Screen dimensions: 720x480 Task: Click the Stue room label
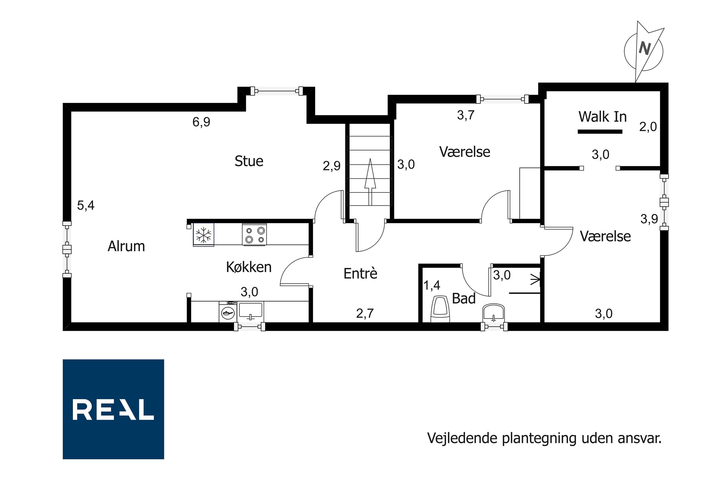(249, 161)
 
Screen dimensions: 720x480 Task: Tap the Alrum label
(126, 246)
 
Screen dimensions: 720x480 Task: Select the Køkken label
(249, 267)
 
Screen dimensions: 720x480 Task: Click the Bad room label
(464, 298)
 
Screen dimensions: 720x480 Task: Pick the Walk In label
(602, 117)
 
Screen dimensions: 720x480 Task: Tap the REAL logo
(113, 409)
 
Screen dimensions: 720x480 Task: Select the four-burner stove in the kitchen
(254, 234)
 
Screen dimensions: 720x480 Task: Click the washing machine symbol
(228, 312)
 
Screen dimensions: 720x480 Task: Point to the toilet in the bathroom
(440, 309)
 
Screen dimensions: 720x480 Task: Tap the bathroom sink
(493, 313)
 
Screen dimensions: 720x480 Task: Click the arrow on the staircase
(370, 182)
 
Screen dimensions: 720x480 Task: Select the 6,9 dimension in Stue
(201, 122)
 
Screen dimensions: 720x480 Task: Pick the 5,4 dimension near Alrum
(86, 205)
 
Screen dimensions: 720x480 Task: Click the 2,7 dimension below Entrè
(365, 313)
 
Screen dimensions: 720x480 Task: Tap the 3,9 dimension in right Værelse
(649, 219)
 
